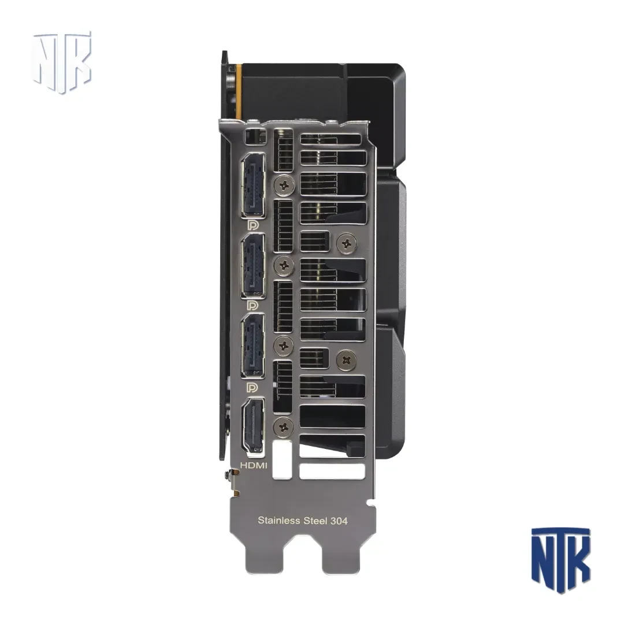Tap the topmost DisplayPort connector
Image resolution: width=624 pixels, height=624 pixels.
[x=252, y=185]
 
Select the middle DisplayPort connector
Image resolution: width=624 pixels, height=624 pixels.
[x=252, y=265]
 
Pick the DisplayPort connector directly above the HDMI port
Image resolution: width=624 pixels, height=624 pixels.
[x=252, y=346]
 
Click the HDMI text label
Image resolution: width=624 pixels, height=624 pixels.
[x=254, y=466]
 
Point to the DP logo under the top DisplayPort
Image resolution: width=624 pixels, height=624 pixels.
[x=252, y=225]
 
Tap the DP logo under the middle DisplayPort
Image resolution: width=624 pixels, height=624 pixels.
[x=252, y=306]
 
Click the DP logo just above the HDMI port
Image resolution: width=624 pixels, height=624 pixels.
[x=252, y=387]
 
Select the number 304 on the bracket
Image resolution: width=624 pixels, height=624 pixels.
[x=339, y=520]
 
